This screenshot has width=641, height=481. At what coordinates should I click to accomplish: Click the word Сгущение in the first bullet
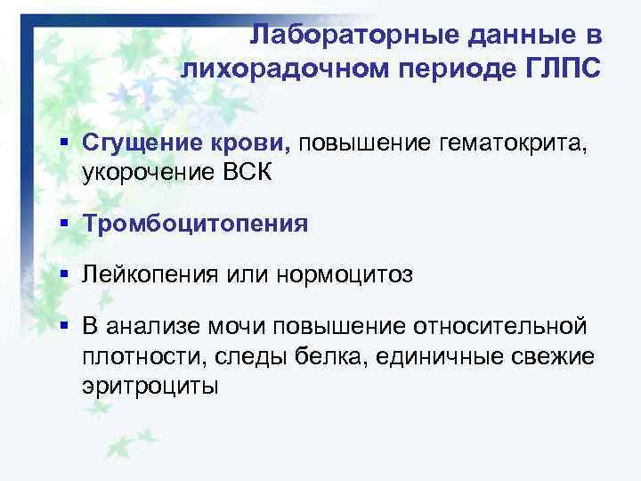tap(140, 143)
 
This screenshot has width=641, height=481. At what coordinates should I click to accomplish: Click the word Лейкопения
tap(144, 275)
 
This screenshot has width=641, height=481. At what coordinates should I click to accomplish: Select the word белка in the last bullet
tap(323, 357)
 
